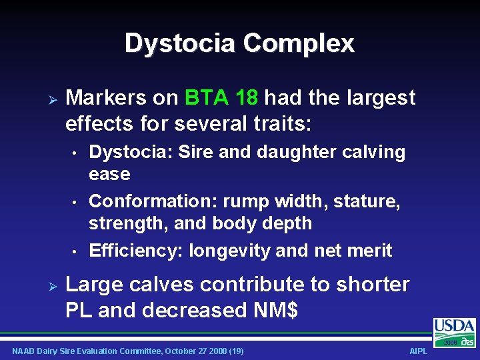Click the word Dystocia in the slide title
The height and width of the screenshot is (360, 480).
tap(180, 44)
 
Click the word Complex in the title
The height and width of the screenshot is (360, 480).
tap(299, 44)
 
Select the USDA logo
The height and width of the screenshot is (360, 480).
tap(455, 329)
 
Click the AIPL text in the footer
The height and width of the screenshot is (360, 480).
tap(419, 351)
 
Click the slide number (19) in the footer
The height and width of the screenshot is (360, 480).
tap(235, 351)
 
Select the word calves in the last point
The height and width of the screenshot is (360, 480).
tap(159, 285)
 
